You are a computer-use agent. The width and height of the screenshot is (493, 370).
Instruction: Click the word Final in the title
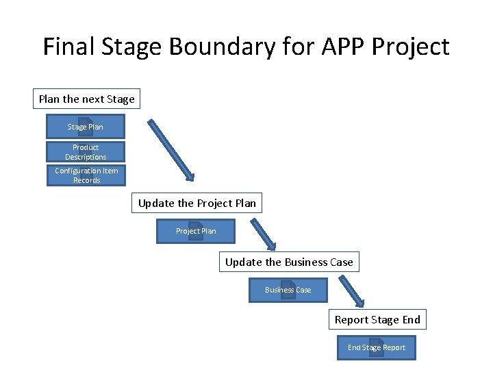[66, 47]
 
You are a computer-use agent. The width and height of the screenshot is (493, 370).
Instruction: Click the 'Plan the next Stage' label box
[86, 99]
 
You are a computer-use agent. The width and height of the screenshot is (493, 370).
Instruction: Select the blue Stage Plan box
[85, 127]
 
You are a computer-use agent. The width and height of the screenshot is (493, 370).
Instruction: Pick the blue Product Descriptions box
[85, 152]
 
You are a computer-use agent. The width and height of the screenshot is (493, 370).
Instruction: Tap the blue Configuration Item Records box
[86, 175]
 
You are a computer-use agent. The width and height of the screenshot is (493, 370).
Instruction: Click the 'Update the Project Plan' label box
[197, 203]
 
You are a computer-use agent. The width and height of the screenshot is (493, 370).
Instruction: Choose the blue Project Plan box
[196, 232]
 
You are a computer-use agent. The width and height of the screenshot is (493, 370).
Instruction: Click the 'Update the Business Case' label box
[289, 262]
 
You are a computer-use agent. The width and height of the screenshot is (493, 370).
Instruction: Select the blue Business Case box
[288, 291]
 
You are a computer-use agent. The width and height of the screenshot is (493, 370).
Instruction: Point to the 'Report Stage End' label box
[377, 320]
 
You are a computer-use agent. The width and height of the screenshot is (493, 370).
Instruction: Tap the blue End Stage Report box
[376, 348]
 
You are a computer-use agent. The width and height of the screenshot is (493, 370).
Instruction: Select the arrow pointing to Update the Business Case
[263, 235]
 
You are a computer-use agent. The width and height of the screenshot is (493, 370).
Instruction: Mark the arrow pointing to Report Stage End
[351, 292]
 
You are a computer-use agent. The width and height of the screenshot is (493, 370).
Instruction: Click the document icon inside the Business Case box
[288, 290]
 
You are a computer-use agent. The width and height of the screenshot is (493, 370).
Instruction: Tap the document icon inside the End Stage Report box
[376, 347]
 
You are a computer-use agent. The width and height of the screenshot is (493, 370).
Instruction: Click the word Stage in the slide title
[132, 47]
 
